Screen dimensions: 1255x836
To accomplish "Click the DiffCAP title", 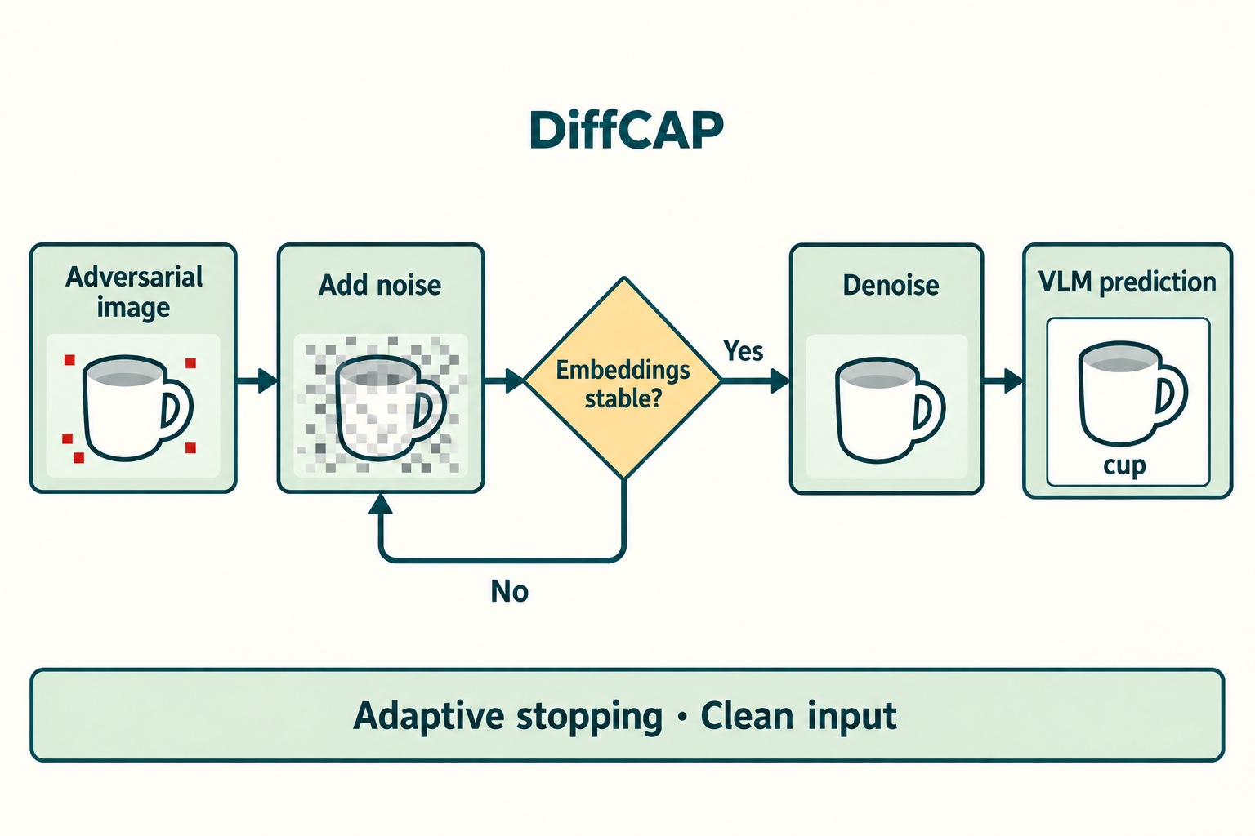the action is tap(627, 130).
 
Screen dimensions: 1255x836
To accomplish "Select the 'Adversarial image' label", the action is tap(134, 291).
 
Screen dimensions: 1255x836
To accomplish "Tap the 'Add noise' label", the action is tap(380, 285).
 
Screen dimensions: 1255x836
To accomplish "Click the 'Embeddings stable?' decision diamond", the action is tap(623, 379).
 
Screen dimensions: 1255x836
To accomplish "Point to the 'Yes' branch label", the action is tap(743, 351).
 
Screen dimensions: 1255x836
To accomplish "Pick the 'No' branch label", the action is tap(509, 591).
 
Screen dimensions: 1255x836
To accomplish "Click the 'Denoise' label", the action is tap(891, 285).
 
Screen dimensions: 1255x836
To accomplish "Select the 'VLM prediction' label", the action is tap(1128, 282).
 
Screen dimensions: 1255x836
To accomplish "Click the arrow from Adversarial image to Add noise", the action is tap(257, 380).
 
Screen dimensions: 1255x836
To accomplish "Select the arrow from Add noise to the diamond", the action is tap(503, 380).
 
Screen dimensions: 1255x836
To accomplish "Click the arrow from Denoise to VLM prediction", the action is tap(1003, 380).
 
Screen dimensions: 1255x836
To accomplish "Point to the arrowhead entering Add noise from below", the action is tap(381, 504).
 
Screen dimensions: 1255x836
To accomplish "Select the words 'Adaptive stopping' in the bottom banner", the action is tap(507, 716).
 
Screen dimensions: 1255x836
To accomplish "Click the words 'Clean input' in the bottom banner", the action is tap(798, 716).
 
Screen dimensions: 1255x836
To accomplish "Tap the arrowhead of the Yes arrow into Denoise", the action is tap(780, 380).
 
